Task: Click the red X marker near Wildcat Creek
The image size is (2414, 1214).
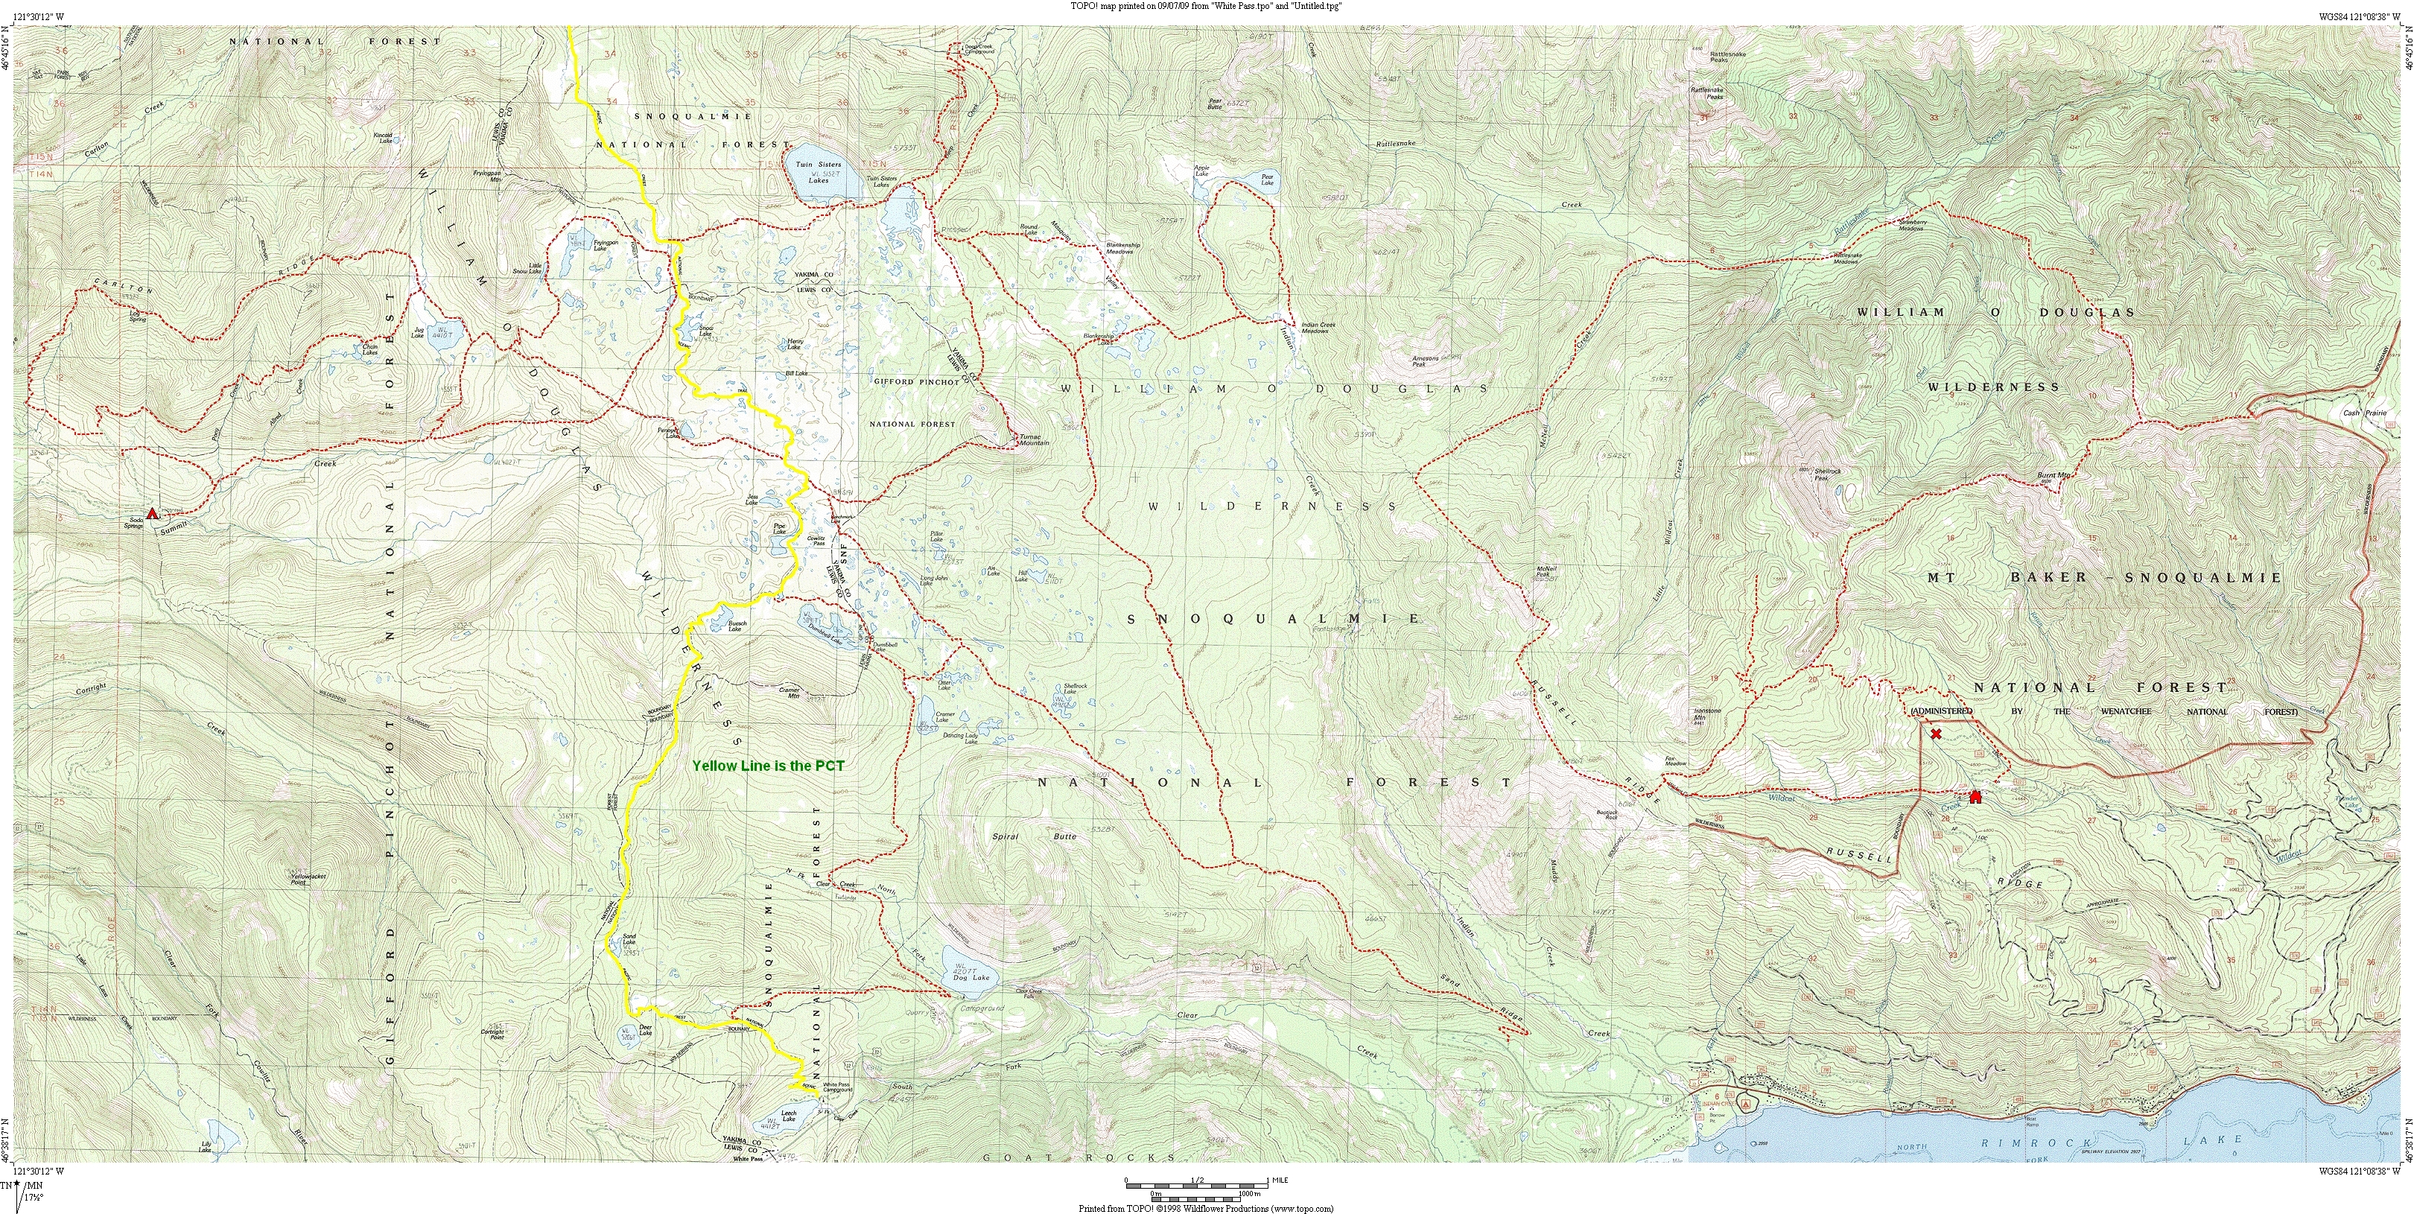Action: (x=1936, y=734)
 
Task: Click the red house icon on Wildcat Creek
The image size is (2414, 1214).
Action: (x=1975, y=797)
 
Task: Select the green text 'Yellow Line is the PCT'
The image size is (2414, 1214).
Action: (x=767, y=766)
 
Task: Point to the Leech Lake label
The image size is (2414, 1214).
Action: (x=788, y=1116)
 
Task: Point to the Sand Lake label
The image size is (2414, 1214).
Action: (x=629, y=938)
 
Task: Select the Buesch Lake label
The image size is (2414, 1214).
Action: (x=737, y=626)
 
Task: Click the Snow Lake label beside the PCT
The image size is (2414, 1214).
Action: (x=705, y=330)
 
